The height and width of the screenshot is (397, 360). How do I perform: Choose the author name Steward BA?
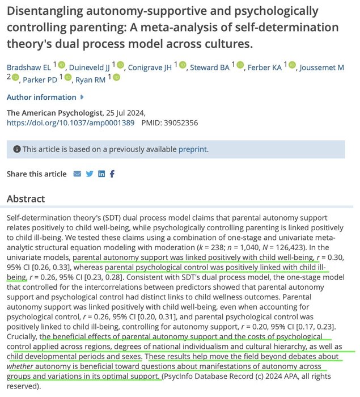coord(210,67)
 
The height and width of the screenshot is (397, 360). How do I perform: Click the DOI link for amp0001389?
coord(71,122)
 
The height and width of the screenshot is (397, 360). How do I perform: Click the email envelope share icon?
coord(77,174)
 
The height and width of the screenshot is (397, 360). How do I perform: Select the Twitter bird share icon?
coord(90,174)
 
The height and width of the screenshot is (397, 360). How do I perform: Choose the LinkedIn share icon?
coord(101,174)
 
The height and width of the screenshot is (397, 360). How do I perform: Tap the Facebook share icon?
coord(112,174)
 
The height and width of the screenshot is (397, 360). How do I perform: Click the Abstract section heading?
coord(26,199)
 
